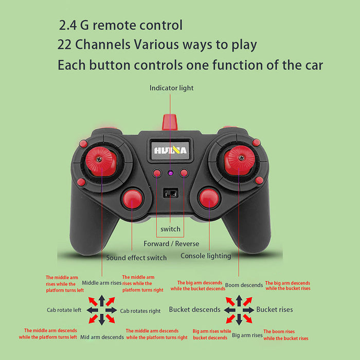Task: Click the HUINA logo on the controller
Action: coord(170,150)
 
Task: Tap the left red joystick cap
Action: coord(101,161)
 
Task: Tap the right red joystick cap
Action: coord(240,160)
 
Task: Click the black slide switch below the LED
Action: coord(171,193)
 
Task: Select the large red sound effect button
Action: coord(132,199)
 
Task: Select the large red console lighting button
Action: coord(209,199)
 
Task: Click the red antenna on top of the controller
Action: coord(170,122)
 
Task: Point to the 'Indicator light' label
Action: coord(171,88)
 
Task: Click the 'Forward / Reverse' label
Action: coord(171,244)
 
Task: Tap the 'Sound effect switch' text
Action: coord(136,258)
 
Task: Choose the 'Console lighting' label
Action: coord(206,256)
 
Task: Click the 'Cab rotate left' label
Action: coord(64,310)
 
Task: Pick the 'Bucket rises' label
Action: coord(275,310)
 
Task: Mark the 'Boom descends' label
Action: coord(244,285)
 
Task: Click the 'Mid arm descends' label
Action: coord(102,337)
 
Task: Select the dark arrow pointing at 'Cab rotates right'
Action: coord(112,310)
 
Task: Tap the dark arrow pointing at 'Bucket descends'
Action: coord(229,310)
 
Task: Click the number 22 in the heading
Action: coord(64,44)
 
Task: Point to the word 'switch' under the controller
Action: coord(170,229)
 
